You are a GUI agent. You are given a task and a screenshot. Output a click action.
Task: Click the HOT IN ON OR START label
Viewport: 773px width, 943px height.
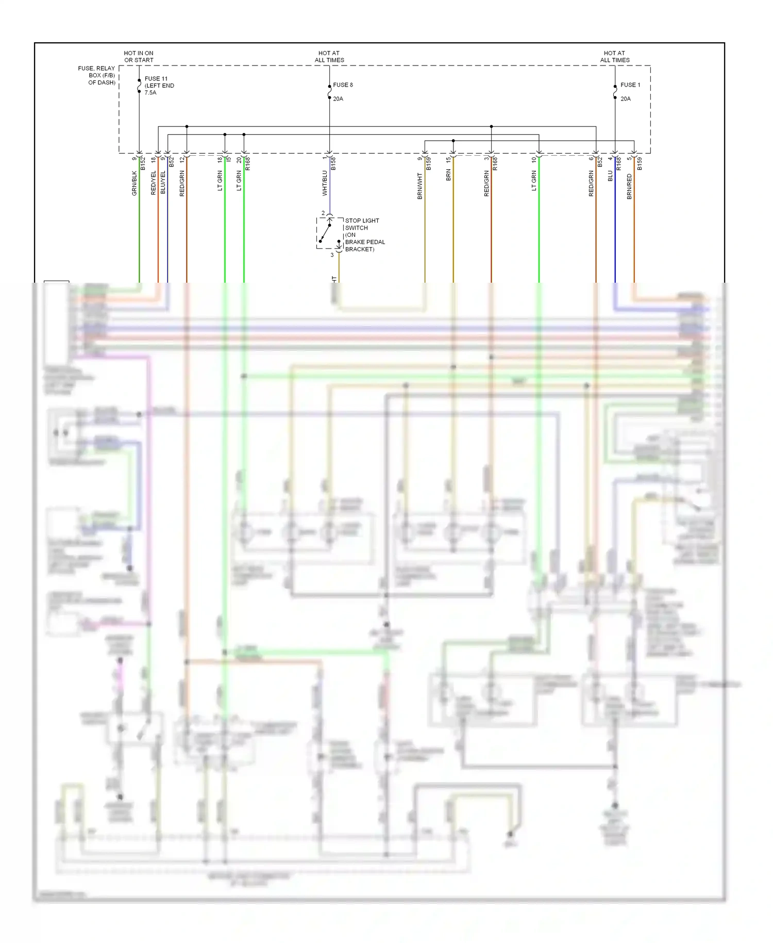pos(139,57)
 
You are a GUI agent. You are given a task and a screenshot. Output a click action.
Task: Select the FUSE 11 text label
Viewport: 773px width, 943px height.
pos(156,79)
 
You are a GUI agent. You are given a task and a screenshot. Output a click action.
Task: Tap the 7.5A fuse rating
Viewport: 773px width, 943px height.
pos(150,93)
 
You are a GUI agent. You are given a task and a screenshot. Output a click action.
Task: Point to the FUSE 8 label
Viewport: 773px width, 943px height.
pos(343,85)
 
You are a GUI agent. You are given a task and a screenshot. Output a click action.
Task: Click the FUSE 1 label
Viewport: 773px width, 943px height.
pos(630,85)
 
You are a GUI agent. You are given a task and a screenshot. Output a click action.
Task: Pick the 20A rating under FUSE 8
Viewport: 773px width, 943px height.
pos(338,99)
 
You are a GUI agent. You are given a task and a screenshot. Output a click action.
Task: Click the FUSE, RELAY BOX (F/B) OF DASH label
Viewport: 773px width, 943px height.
pos(97,75)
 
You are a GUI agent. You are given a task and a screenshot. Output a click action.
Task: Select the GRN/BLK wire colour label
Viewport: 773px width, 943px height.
pos(135,183)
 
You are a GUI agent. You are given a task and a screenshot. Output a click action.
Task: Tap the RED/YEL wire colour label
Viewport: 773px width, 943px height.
pos(154,183)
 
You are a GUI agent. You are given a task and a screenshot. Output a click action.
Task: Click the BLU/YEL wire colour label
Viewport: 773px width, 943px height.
pos(163,183)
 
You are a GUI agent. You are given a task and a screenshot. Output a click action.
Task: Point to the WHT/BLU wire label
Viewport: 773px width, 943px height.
pos(325,183)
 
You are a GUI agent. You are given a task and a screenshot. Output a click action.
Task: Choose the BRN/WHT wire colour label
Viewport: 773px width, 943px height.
pos(420,186)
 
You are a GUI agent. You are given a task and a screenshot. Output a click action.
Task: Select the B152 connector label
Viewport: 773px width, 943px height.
pos(143,164)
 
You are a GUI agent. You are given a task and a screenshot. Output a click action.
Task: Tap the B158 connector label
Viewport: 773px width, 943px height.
pos(333,164)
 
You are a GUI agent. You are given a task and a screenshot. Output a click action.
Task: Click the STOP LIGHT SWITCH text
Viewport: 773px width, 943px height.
pos(362,224)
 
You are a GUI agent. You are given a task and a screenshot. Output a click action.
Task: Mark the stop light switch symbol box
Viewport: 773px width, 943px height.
pos(329,233)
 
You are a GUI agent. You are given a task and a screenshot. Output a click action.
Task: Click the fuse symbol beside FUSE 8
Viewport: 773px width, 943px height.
pos(329,92)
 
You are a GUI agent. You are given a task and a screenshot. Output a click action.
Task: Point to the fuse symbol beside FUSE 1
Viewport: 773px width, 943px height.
pos(615,92)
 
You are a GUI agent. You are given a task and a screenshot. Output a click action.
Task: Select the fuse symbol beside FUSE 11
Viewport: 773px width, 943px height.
pos(139,86)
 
